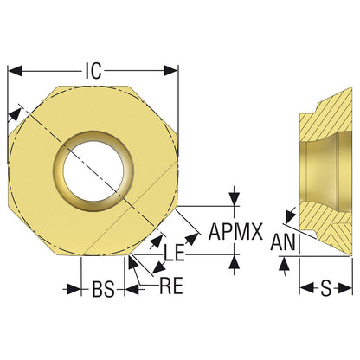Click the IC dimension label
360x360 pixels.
(x=93, y=71)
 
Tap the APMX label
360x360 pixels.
(x=235, y=231)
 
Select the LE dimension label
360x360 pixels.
(x=174, y=253)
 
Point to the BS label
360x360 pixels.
(x=104, y=289)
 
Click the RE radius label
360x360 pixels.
(x=171, y=286)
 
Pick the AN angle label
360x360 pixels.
(x=283, y=242)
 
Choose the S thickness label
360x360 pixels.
(x=326, y=288)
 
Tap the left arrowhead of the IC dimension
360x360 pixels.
(x=15, y=71)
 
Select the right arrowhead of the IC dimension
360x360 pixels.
(x=170, y=71)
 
